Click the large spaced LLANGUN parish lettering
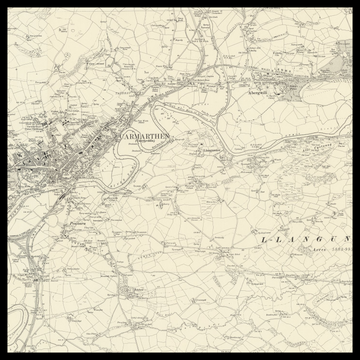coord(305,240)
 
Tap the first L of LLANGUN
coord(263,240)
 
